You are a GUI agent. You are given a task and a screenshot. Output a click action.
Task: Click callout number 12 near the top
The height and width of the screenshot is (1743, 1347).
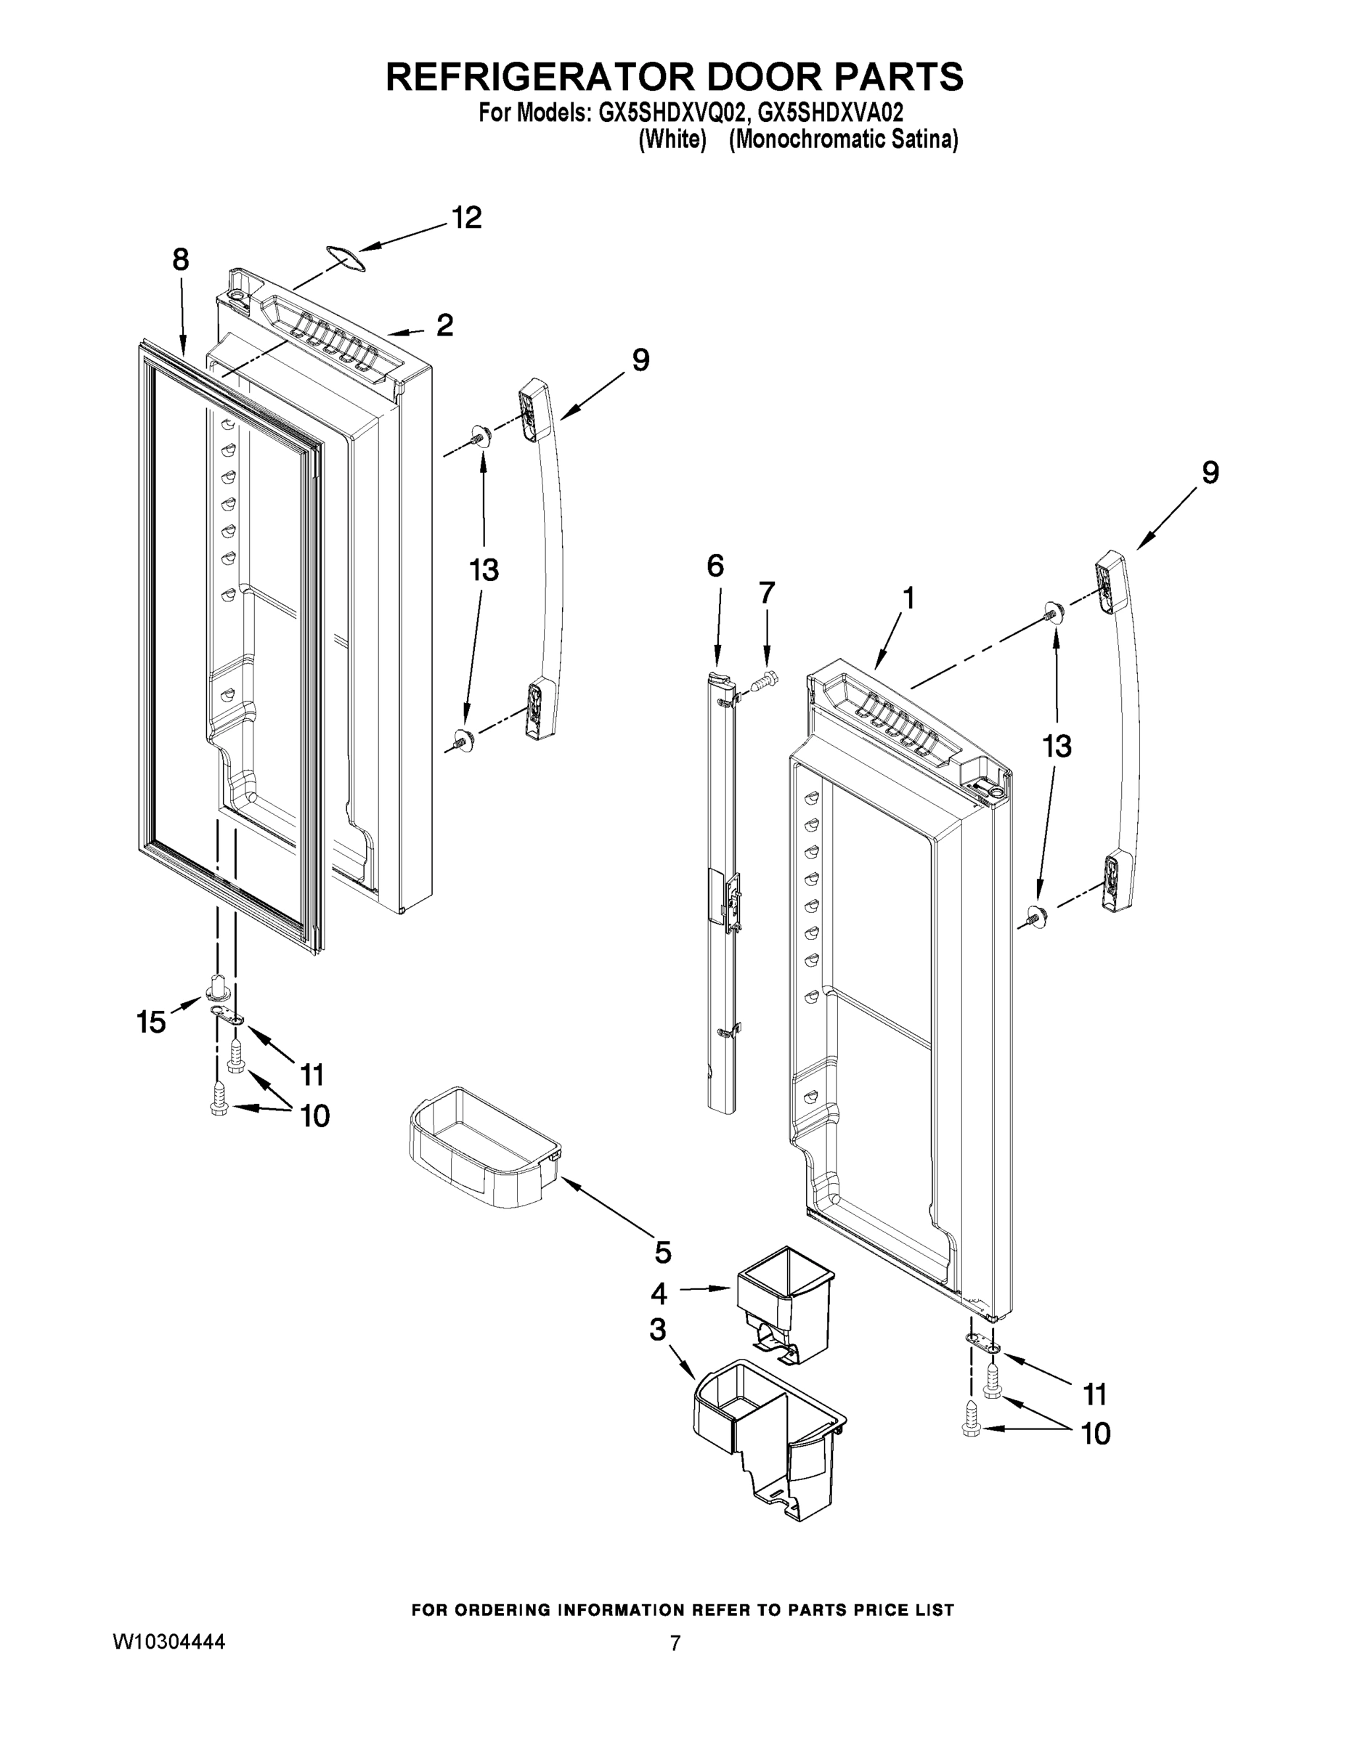467,218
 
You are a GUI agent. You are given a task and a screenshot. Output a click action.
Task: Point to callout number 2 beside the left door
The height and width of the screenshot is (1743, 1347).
444,325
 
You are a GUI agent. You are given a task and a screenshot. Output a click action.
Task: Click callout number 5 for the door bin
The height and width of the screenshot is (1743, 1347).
662,1252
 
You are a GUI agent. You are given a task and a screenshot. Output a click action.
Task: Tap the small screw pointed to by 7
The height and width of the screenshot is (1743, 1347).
765,683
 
